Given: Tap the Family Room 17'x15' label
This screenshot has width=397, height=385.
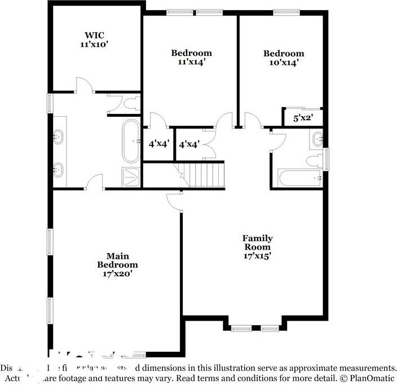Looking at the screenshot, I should pyautogui.click(x=257, y=247).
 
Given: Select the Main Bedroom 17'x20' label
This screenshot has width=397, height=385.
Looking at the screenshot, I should pyautogui.click(x=117, y=269).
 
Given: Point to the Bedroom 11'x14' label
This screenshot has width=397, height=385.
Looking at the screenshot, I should pyautogui.click(x=191, y=57).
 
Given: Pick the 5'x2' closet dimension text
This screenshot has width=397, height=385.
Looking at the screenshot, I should pyautogui.click(x=303, y=118).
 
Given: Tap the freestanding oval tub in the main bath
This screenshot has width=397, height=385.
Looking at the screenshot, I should pyautogui.click(x=131, y=140).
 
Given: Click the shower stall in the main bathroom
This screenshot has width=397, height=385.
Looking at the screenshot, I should pyautogui.click(x=132, y=177).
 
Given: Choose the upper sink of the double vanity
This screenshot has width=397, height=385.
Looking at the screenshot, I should pyautogui.click(x=58, y=136).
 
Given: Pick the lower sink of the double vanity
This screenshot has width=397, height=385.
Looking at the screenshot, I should pyautogui.click(x=58, y=168).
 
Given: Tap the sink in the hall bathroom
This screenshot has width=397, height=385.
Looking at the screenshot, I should pyautogui.click(x=317, y=137).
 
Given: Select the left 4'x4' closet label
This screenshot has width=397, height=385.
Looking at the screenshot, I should pyautogui.click(x=158, y=144).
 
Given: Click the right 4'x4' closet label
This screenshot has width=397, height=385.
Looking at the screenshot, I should pyautogui.click(x=189, y=144).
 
